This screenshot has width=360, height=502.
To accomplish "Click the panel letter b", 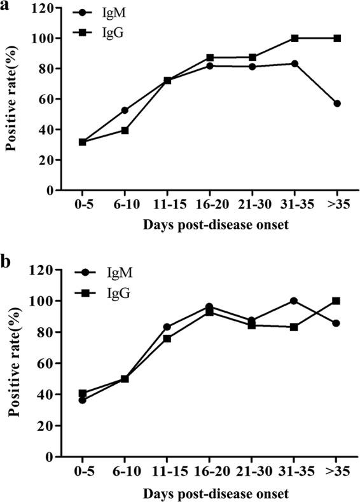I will pyautogui.click(x=6, y=261).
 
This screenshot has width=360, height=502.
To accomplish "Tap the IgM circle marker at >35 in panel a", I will pyautogui.click(x=337, y=104).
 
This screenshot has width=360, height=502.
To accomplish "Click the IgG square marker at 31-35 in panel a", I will pyautogui.click(x=294, y=38).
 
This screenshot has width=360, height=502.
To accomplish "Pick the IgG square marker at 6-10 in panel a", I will pyautogui.click(x=125, y=130).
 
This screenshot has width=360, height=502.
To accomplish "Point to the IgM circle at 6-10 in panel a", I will pyautogui.click(x=125, y=111).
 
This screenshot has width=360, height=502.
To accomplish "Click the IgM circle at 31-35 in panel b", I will pyautogui.click(x=294, y=301).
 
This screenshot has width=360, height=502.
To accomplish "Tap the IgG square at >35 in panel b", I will pyautogui.click(x=337, y=301).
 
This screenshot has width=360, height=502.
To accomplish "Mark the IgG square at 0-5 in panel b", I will pyautogui.click(x=83, y=394).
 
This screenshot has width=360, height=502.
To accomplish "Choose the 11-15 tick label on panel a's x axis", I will pyautogui.click(x=167, y=207).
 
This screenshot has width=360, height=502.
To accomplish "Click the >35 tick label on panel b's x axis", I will pyautogui.click(x=337, y=474).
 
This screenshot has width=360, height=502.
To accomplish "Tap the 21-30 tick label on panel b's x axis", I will pyautogui.click(x=252, y=474).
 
